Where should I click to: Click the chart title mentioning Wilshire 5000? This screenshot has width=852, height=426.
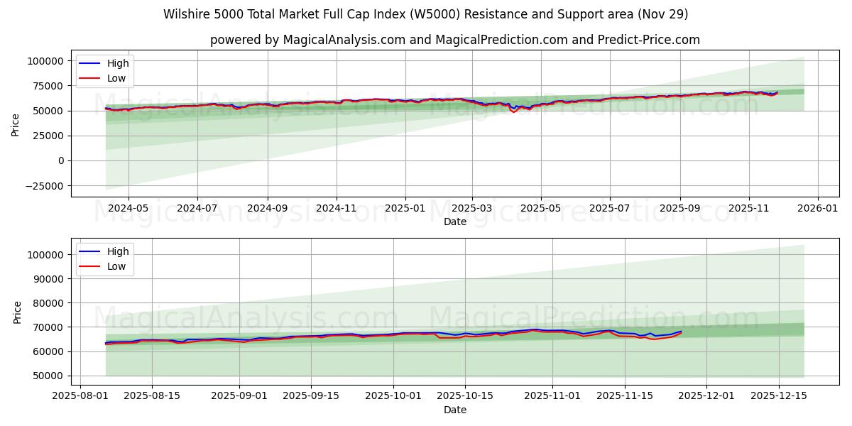point(425,14)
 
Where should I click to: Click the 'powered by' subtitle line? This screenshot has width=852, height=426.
point(454,40)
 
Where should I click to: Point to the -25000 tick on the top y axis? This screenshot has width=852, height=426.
point(43,186)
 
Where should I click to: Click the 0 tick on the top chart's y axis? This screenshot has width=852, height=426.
point(60,161)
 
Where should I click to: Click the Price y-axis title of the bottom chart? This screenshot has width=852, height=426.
point(18,312)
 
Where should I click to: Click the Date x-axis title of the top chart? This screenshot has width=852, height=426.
point(454,222)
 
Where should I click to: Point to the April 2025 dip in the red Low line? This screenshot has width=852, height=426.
point(513,112)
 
